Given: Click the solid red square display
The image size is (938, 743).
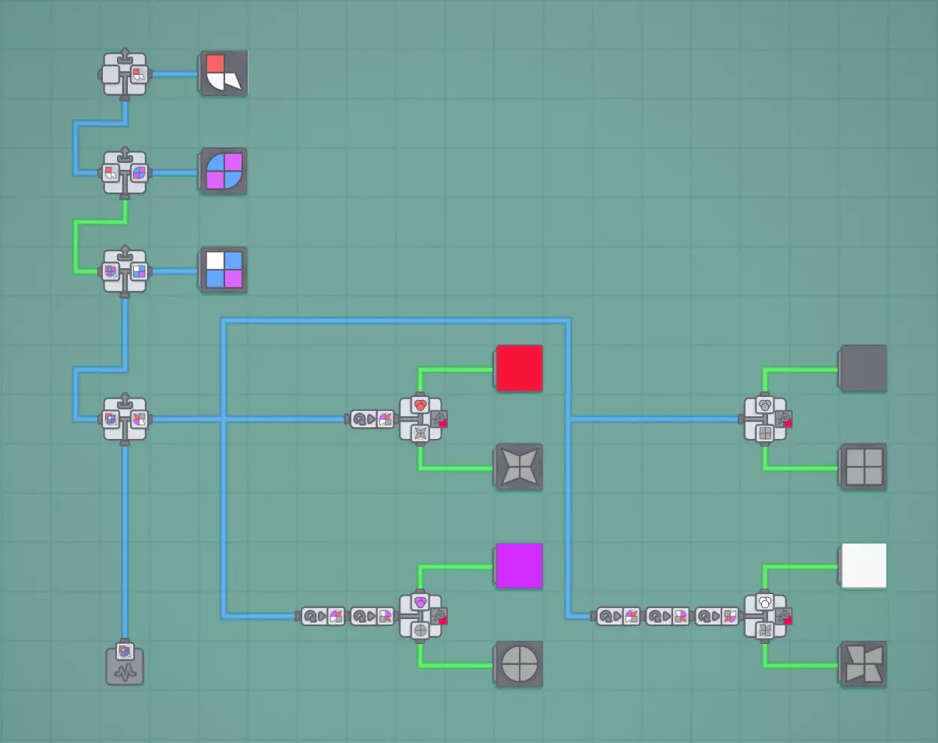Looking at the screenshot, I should click(519, 368).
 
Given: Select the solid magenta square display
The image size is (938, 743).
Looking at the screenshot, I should click(519, 566).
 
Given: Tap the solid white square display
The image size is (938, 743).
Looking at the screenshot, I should click(863, 566).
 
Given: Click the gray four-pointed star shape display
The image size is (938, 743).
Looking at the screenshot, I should click(519, 467).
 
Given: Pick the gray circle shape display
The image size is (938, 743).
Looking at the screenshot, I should click(519, 665).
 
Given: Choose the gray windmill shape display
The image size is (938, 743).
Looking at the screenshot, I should click(863, 665).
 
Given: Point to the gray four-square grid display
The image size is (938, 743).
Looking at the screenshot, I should click(863, 467).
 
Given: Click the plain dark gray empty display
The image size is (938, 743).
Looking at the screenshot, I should click(863, 368).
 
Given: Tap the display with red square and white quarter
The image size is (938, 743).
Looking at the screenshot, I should click(224, 74).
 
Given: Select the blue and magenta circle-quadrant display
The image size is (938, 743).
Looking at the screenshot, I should click(224, 172).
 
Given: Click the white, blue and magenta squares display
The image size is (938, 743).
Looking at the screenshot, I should click(224, 270).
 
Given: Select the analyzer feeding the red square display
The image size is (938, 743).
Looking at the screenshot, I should click(421, 419).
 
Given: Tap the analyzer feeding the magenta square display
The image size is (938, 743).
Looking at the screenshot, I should click(421, 616).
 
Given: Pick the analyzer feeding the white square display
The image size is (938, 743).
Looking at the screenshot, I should click(766, 616).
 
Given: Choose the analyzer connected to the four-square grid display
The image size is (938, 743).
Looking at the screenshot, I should click(766, 419).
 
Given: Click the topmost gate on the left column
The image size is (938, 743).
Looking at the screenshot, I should click(125, 74).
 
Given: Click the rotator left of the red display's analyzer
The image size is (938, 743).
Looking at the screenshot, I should click(372, 419).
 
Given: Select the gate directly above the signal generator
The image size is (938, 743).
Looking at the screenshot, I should click(125, 419).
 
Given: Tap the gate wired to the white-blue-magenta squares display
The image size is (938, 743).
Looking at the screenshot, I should click(125, 271).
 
